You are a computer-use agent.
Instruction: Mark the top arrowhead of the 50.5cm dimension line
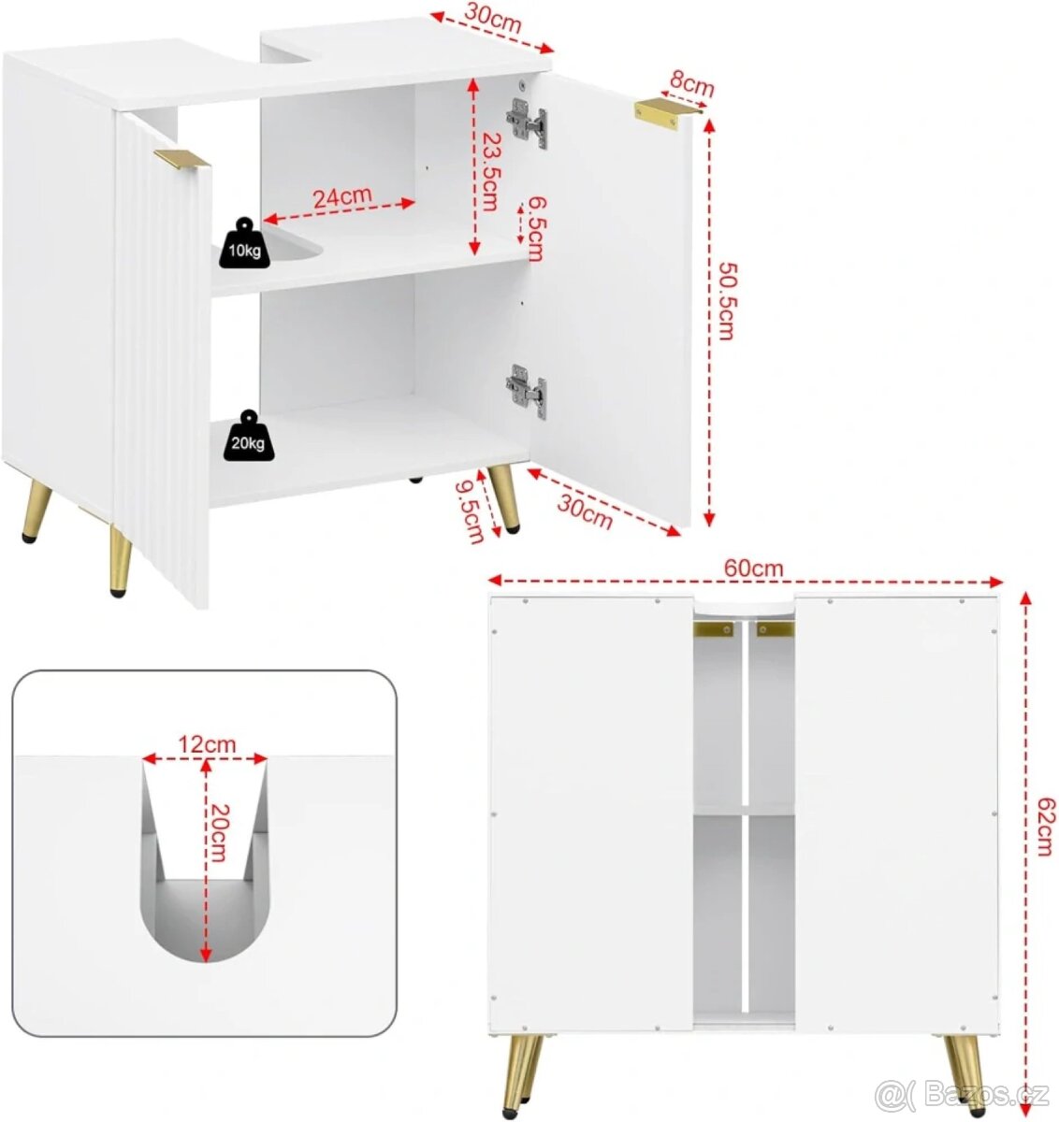pyautogui.click(x=710, y=126)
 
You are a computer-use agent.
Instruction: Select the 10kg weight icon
pyautogui.click(x=244, y=243)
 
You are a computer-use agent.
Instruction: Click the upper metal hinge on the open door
pyautogui.click(x=527, y=123)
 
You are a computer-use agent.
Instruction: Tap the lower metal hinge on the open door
pyautogui.click(x=527, y=391)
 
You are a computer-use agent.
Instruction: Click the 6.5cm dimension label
pyautogui.click(x=537, y=229)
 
